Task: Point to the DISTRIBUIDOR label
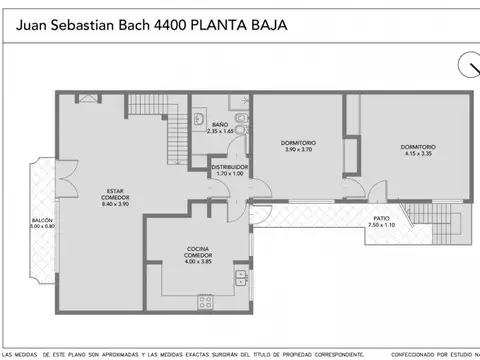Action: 229,167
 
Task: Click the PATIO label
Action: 381,218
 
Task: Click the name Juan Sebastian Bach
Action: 77,23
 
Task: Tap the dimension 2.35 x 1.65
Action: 219,131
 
